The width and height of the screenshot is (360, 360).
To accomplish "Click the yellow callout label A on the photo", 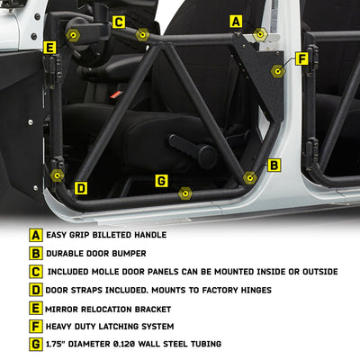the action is click(236, 22).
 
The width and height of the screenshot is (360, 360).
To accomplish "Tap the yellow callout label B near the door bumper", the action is click(274, 165).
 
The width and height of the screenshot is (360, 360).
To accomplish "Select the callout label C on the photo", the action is click(119, 22).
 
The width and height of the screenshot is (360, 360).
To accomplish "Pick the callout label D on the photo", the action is click(81, 188).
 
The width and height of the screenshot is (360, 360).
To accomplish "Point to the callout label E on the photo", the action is click(49, 48).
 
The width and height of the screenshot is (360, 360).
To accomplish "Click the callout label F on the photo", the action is click(301, 58).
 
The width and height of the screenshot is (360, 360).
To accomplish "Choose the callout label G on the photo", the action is click(161, 181).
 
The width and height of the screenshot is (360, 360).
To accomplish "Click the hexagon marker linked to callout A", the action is click(260, 34).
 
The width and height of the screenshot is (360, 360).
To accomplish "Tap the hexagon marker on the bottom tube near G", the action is click(185, 193).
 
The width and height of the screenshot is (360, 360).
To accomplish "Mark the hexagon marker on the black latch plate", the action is click(278, 71).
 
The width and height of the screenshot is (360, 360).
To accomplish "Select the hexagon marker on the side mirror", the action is click(73, 35).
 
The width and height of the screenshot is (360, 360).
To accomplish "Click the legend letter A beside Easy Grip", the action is click(36, 235).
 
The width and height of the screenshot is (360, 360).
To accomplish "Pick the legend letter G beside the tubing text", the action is click(36, 345).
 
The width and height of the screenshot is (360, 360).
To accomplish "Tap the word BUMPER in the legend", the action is click(130, 254).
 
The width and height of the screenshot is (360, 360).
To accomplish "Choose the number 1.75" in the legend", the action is click(56, 344).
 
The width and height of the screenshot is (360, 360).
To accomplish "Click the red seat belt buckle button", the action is click(115, 94).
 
